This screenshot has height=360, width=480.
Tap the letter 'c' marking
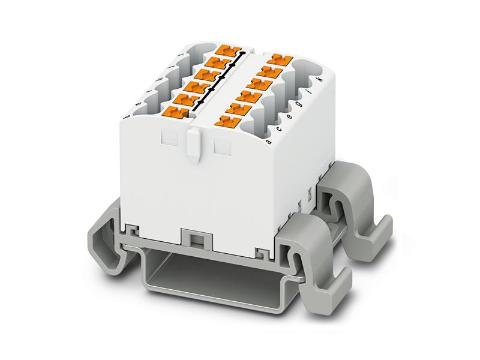(278, 129)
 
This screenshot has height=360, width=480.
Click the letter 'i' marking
(309, 92)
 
